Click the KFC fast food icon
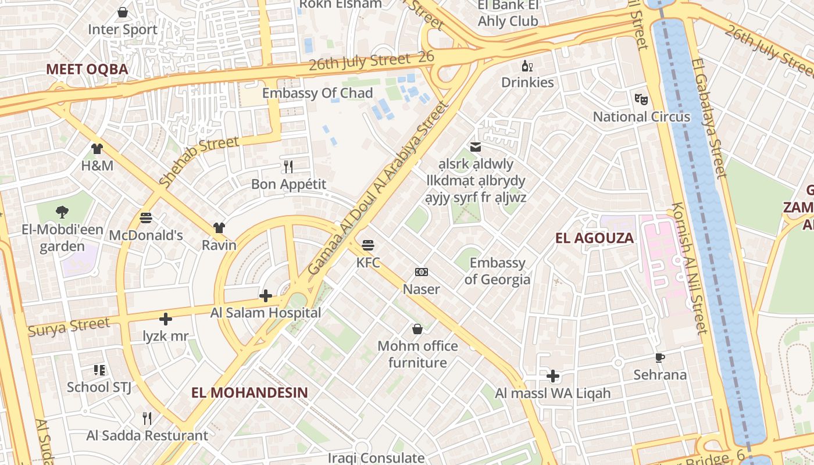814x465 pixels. [x=367, y=245]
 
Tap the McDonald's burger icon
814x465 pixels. [x=146, y=218]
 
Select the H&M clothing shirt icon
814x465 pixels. [x=97, y=149]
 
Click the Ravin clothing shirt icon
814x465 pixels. [x=219, y=227]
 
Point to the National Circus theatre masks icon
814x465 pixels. [x=641, y=99]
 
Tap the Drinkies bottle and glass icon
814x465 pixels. [x=527, y=66]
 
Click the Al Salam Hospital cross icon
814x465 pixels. [x=266, y=296]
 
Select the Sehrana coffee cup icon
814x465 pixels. [x=659, y=357]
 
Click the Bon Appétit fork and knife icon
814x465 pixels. [x=288, y=167]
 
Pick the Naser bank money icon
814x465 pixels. [x=422, y=272]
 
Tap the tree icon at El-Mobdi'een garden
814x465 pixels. [x=62, y=212]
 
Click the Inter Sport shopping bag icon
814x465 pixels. [x=123, y=12]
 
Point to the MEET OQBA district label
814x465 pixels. [x=87, y=69]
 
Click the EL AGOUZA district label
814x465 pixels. [x=594, y=238]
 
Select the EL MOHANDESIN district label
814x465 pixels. [x=249, y=392]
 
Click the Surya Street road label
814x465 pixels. [x=69, y=327]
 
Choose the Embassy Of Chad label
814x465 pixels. [x=317, y=93]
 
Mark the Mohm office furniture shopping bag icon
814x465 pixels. [x=417, y=330]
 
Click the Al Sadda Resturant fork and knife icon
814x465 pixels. [x=147, y=418]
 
